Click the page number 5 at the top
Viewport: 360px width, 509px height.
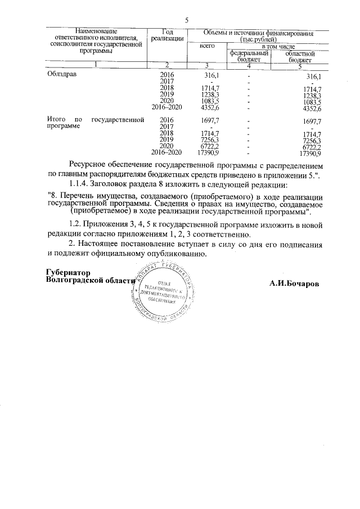[x=186, y=20]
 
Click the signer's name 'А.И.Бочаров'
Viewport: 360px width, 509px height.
[x=294, y=282]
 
